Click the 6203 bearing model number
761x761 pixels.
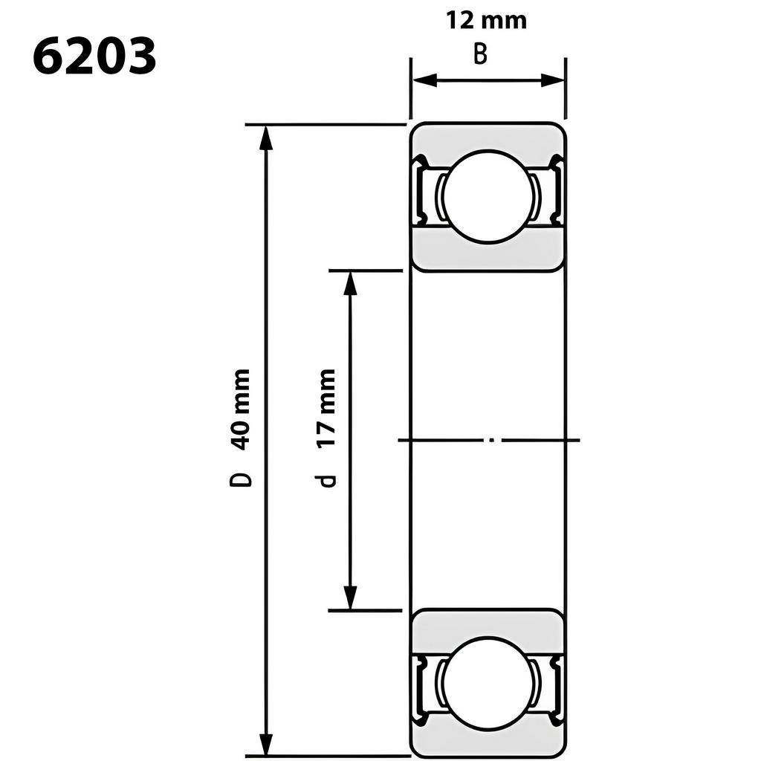pos(94,56)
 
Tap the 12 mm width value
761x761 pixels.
pos(486,21)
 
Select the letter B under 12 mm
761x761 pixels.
pos(480,54)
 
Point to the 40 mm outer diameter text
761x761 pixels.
pos(242,410)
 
